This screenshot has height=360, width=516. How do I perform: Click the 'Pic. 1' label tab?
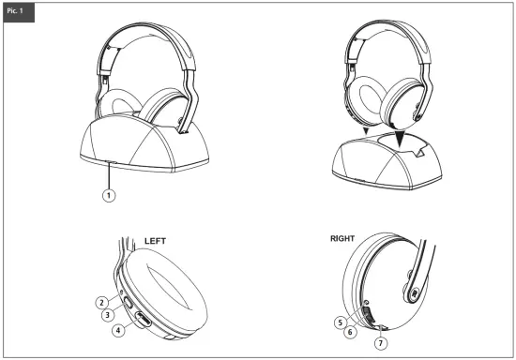18,11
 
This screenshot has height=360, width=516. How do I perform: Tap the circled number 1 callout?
110,195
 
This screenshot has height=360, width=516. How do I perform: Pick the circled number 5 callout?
341,322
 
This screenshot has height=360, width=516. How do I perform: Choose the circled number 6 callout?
348,331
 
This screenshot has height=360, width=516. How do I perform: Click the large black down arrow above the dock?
403,136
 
